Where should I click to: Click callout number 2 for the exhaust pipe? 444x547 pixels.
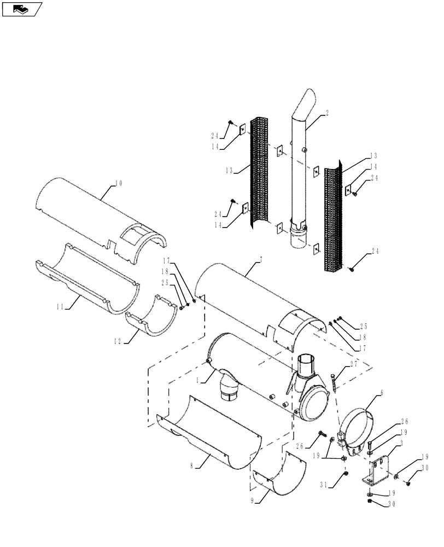[326, 112]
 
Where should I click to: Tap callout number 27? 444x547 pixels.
[354, 364]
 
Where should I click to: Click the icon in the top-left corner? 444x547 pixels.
[22, 8]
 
